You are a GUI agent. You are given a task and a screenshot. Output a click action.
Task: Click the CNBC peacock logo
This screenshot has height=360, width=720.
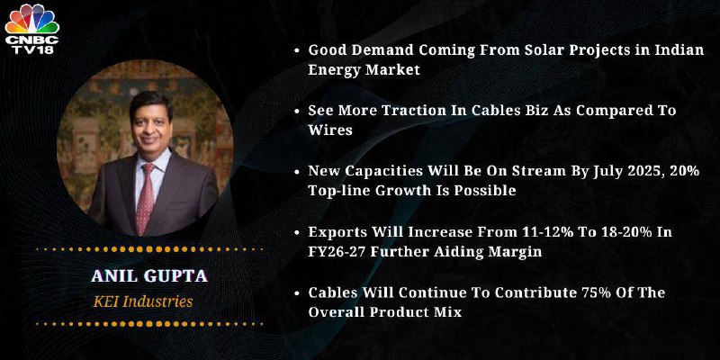[31, 19]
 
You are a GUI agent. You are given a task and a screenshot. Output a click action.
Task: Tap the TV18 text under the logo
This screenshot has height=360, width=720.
[32, 49]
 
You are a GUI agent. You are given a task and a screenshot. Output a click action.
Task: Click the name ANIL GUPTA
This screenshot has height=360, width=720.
[149, 276]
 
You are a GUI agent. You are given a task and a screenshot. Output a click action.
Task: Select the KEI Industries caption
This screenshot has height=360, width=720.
[143, 301]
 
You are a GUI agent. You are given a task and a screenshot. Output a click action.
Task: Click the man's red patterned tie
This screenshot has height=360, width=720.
[147, 198]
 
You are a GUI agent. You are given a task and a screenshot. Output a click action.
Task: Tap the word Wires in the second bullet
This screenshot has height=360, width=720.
[330, 130]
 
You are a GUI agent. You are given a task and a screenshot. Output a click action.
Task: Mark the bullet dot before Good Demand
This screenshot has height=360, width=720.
[297, 51]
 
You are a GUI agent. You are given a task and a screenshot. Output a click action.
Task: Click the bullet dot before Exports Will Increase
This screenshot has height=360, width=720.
[297, 233]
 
